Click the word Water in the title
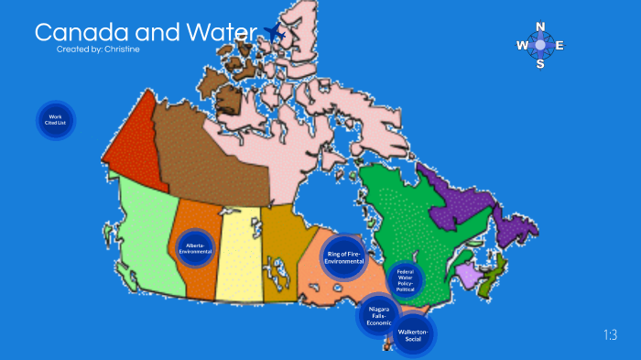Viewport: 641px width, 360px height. [x=220, y=33]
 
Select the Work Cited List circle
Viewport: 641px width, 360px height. [x=55, y=120]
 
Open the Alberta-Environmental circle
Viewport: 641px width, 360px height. [x=196, y=248]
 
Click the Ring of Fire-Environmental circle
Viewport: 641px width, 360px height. [x=345, y=257]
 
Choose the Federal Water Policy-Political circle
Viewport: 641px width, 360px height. [x=405, y=280]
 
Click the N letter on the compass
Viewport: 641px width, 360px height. [x=540, y=27]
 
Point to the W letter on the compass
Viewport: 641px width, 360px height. [x=522, y=45]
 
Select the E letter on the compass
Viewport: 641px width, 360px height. [x=560, y=45]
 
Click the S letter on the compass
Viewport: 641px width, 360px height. [x=540, y=64]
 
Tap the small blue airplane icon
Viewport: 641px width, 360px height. [x=274, y=34]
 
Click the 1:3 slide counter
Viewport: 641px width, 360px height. [x=611, y=335]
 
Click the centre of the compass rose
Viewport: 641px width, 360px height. [x=540, y=45]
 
